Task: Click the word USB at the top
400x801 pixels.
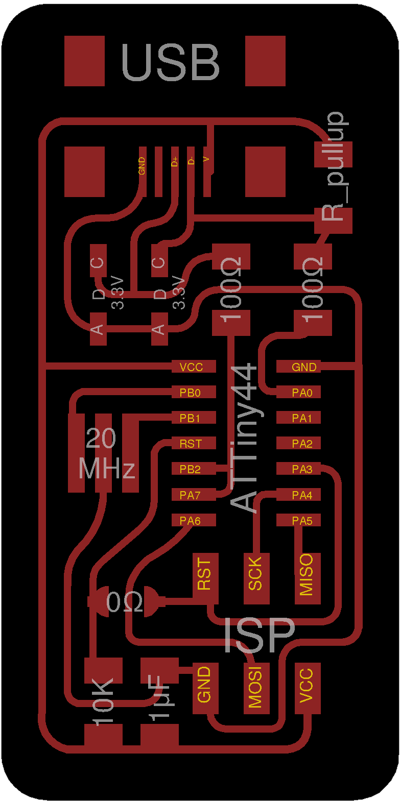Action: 171,62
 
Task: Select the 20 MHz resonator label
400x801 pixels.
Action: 106,453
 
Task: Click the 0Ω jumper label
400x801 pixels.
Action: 124,602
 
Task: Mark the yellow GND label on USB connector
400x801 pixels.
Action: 142,166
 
